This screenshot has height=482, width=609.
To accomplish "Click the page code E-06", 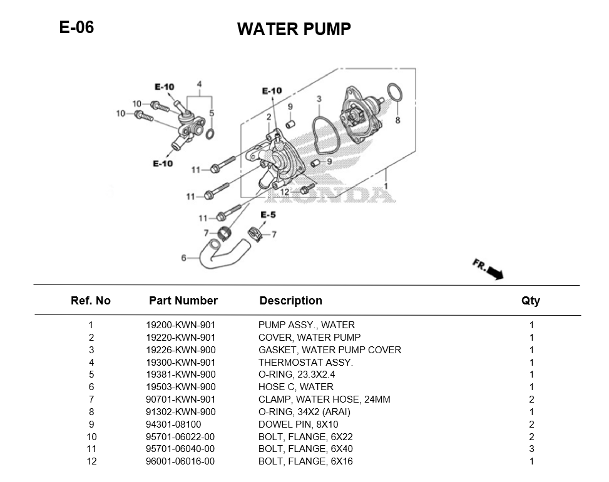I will pyautogui.click(x=76, y=28).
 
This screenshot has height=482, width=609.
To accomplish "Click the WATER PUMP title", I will pyautogui.click(x=294, y=29).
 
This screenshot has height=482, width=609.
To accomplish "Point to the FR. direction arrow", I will pyautogui.click(x=488, y=269).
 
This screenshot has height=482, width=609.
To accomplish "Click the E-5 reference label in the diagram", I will pyautogui.click(x=268, y=215).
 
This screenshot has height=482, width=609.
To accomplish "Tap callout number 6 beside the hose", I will pyautogui.click(x=183, y=258).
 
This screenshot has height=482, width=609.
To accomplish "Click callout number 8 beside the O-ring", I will pyautogui.click(x=397, y=120).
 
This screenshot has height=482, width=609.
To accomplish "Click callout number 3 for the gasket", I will pyautogui.click(x=319, y=99).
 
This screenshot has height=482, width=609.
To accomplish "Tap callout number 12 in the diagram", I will pyautogui.click(x=284, y=192).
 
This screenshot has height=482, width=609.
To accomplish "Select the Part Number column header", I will pyautogui.click(x=183, y=301).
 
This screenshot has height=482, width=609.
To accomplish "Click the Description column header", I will pyautogui.click(x=290, y=301).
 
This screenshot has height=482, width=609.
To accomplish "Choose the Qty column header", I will pyautogui.click(x=530, y=301).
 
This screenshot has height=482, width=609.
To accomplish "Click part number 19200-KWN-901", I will pyautogui.click(x=180, y=325).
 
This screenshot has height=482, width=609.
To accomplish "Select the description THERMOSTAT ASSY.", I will pyautogui.click(x=305, y=363).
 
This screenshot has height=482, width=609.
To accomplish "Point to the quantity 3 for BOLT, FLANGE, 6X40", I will pyautogui.click(x=531, y=449).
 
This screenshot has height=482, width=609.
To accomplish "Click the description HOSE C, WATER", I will pyautogui.click(x=295, y=387).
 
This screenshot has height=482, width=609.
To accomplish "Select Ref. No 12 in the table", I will pyautogui.click(x=91, y=461).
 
